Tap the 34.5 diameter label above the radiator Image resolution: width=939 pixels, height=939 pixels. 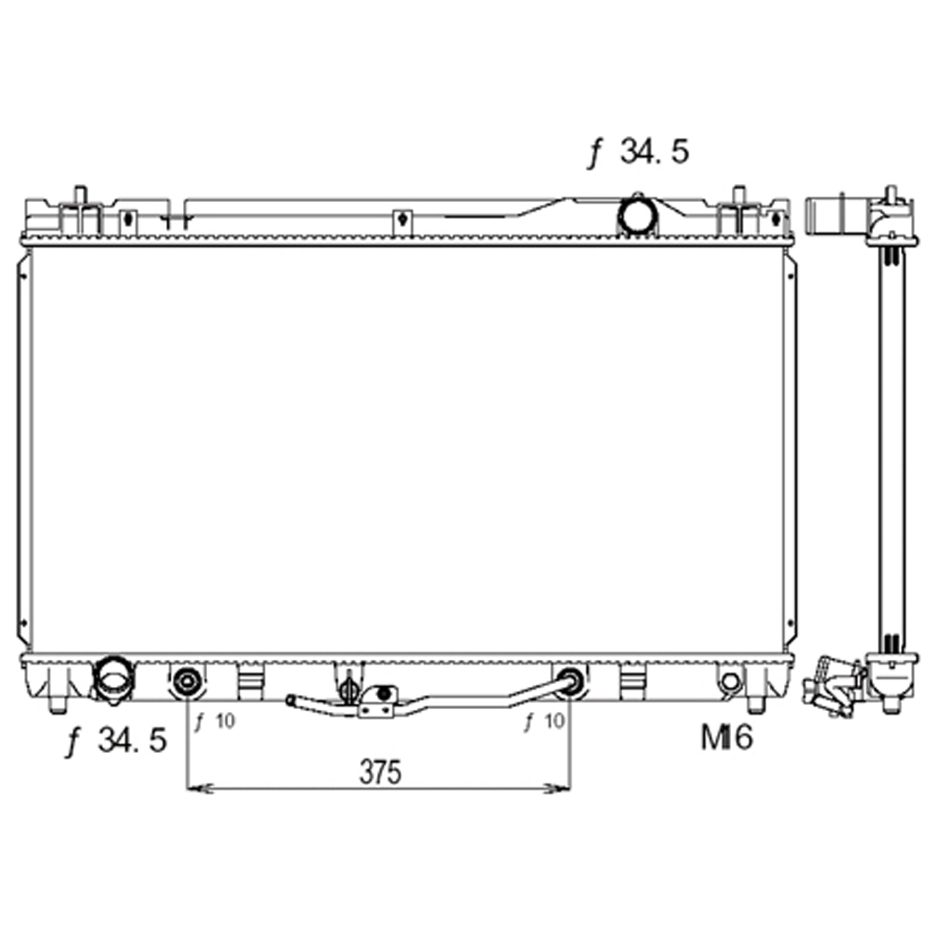pyautogui.click(x=638, y=151)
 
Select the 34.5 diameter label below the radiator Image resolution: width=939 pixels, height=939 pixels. pyautogui.click(x=116, y=741)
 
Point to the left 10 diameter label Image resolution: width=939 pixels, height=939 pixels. pyautogui.click(x=214, y=721)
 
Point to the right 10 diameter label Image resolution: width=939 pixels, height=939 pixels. pyautogui.click(x=545, y=721)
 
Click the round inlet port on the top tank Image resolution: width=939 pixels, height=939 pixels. pyautogui.click(x=638, y=215)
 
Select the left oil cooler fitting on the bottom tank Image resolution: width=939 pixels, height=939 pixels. pyautogui.click(x=187, y=681)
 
